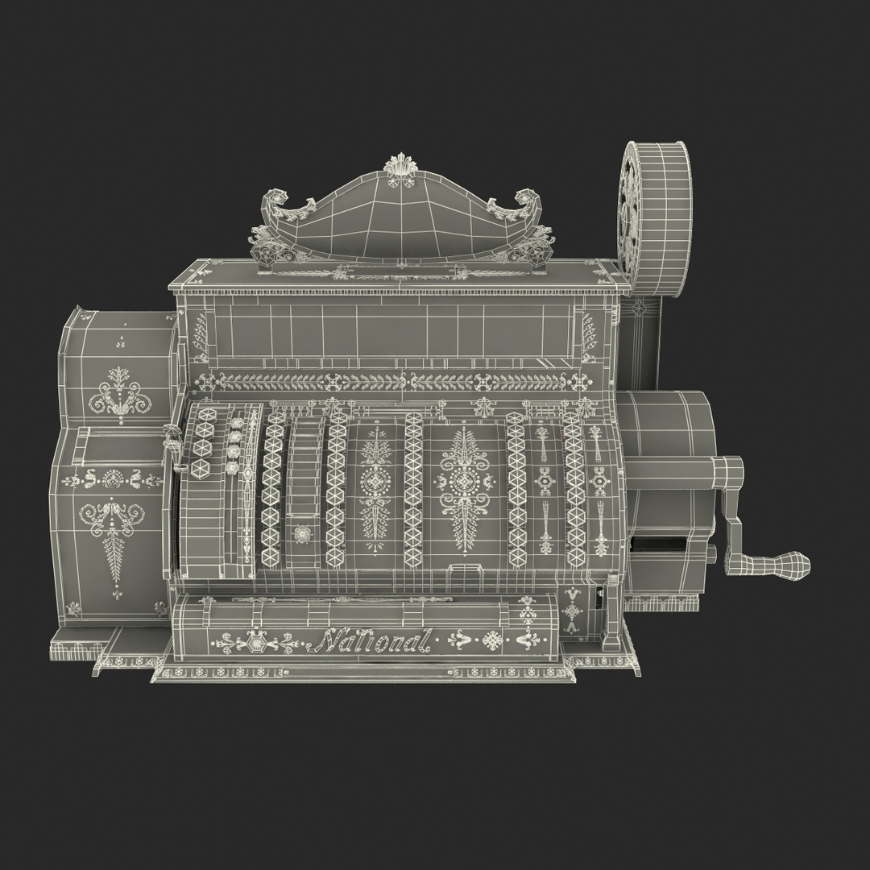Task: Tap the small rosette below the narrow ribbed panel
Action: click(x=303, y=533)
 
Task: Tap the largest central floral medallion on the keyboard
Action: click(x=464, y=481)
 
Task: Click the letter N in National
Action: click(x=329, y=640)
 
